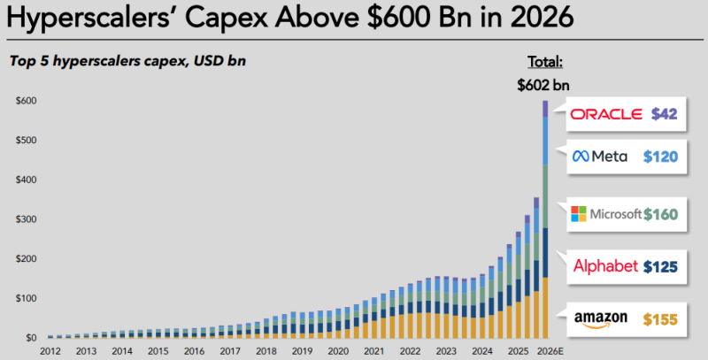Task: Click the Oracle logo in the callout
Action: click(x=607, y=114)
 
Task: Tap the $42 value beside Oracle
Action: click(x=664, y=114)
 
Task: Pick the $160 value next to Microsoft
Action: click(x=662, y=214)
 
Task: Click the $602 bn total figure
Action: click(x=544, y=86)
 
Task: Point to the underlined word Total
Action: click(x=544, y=63)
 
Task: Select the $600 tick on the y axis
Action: click(x=26, y=101)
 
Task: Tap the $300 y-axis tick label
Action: click(x=26, y=219)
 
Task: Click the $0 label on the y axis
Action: click(x=31, y=338)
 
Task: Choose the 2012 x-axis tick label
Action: click(x=50, y=351)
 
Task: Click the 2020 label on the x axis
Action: click(x=337, y=351)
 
